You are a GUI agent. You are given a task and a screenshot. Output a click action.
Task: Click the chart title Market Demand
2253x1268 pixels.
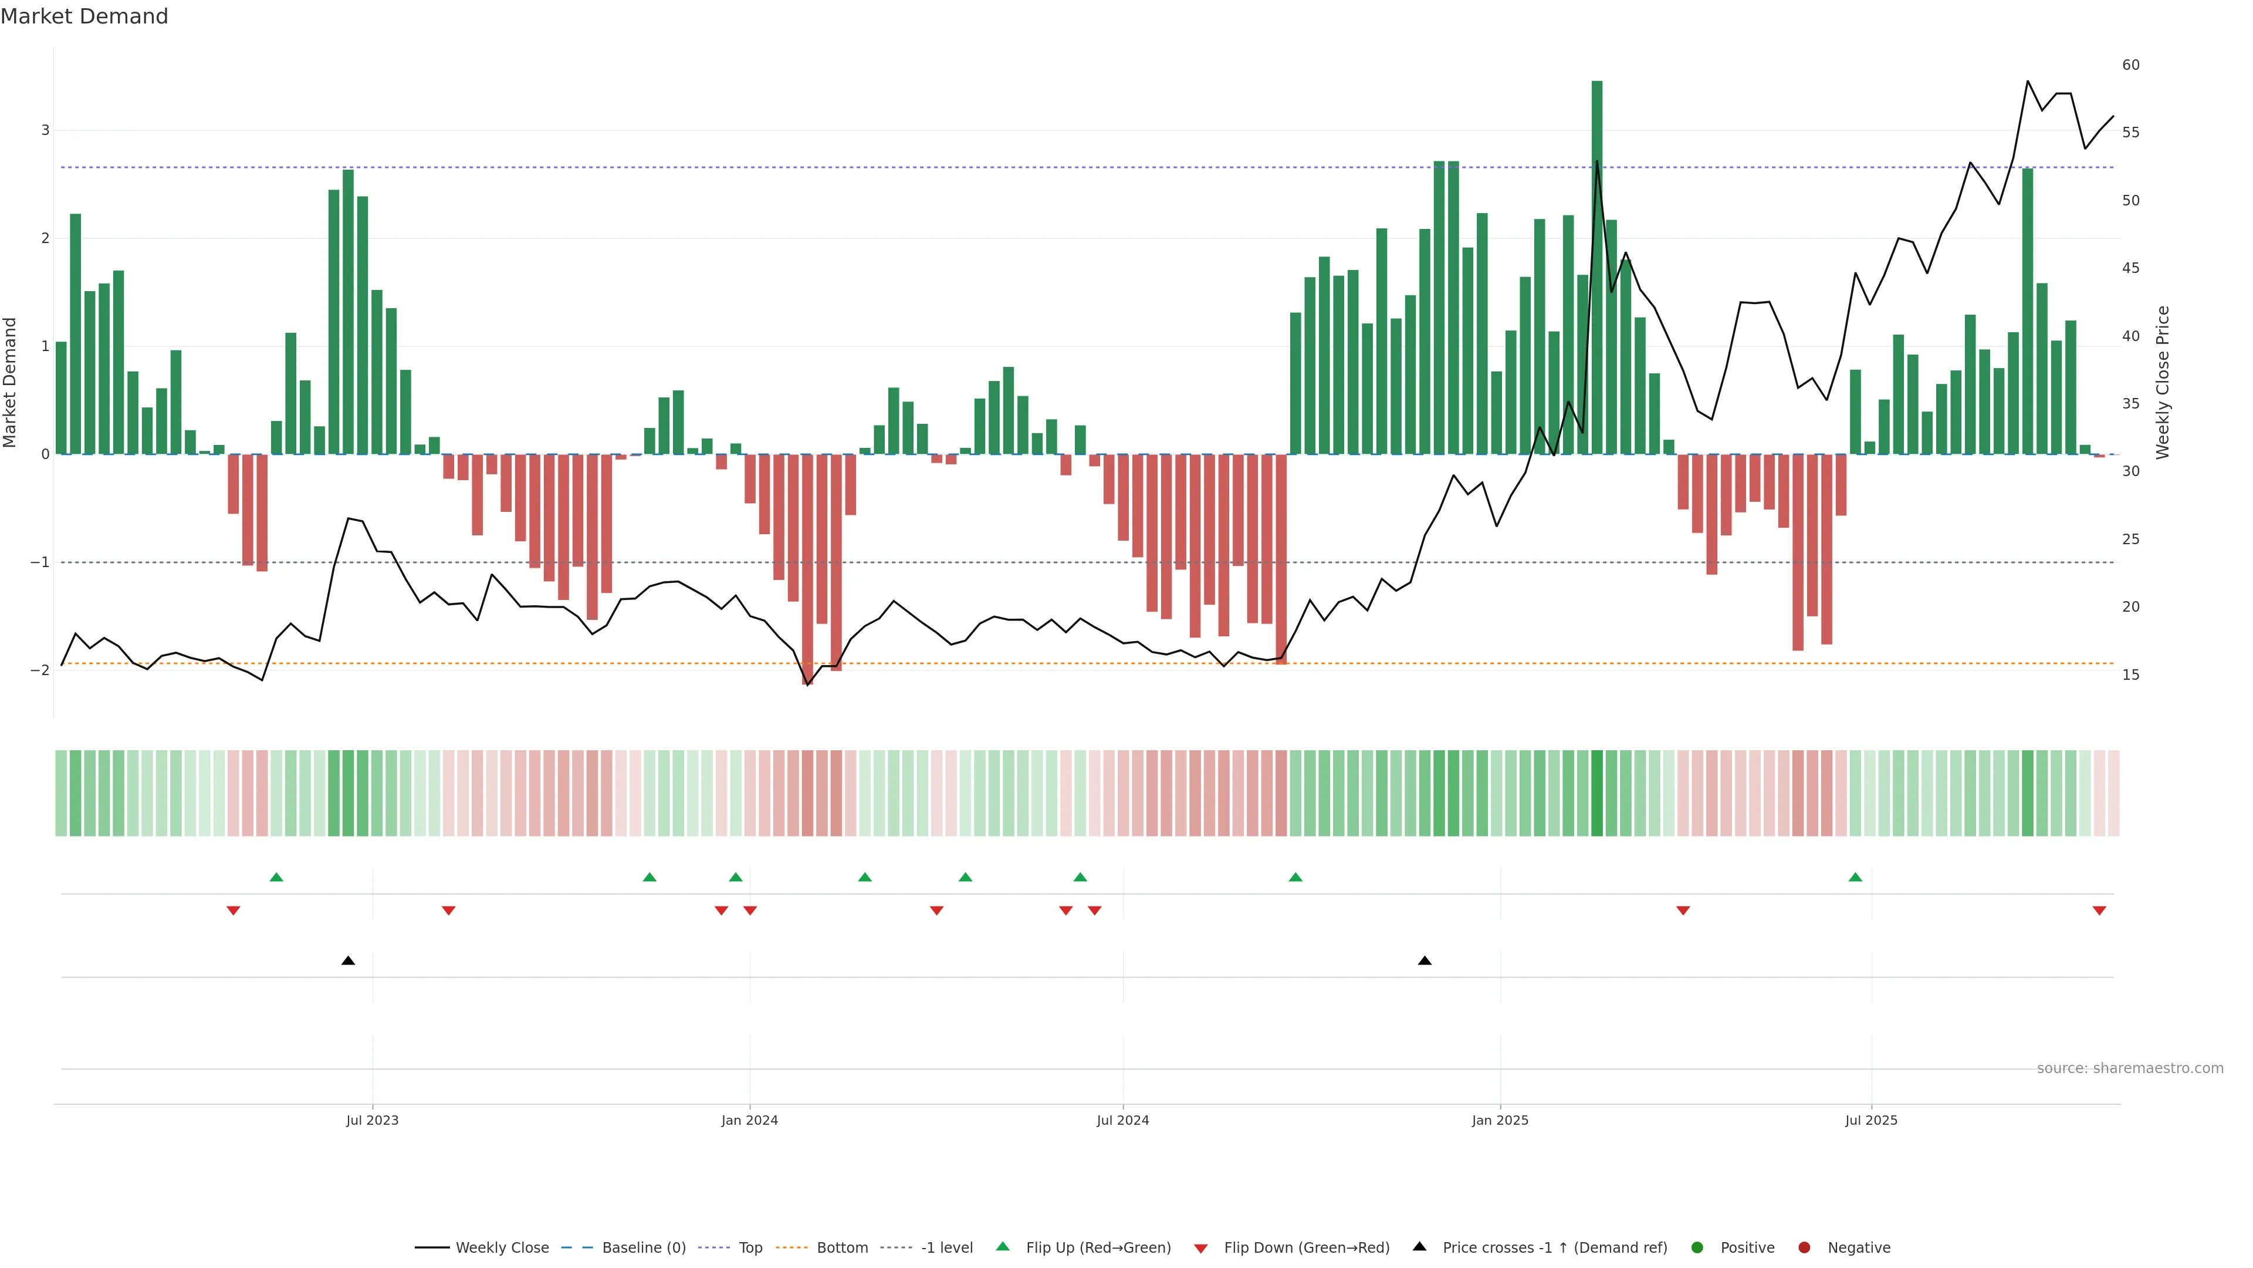[x=84, y=16]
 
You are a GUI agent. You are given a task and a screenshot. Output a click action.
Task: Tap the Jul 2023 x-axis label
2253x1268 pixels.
[x=372, y=1120]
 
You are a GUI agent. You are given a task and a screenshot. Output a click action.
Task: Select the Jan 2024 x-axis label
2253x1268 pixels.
[x=750, y=1120]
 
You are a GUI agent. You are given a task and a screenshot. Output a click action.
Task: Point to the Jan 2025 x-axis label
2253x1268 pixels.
[x=1500, y=1120]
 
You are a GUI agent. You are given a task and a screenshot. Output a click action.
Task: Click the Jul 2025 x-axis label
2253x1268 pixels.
[x=1871, y=1120]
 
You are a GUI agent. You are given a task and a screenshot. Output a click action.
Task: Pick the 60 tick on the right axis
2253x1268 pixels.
[x=2130, y=65]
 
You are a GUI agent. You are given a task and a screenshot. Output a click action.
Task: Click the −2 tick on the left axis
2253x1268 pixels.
[x=40, y=670]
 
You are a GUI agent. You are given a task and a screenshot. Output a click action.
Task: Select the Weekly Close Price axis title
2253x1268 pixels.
[x=2163, y=382]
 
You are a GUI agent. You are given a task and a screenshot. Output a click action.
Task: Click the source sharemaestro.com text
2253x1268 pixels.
[x=2130, y=1068]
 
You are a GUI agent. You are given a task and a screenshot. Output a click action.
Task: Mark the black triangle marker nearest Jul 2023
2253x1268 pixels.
[x=348, y=961]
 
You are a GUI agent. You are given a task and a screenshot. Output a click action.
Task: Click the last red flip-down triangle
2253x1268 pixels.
[x=2099, y=911]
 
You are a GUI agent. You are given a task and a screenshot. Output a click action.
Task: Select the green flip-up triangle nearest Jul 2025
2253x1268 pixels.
[x=1855, y=877]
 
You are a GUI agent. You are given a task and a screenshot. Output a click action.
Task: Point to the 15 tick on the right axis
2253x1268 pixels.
[x=2130, y=675]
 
